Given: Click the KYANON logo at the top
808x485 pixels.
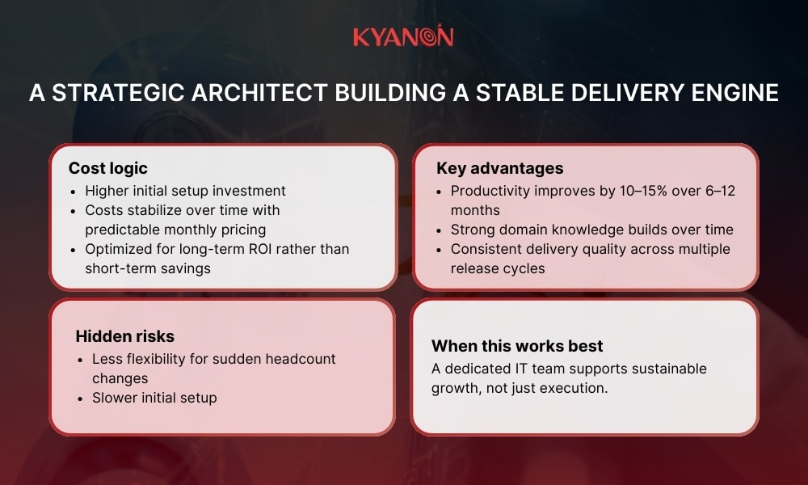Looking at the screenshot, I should point(403,37).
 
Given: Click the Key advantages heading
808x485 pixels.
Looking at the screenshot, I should point(499,168).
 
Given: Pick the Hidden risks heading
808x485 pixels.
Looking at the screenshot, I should point(124,335).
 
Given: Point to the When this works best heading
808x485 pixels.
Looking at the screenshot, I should point(517,346).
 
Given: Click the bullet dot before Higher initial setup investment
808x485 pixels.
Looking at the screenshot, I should point(74,192).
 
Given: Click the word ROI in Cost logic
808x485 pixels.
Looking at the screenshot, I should point(258,249).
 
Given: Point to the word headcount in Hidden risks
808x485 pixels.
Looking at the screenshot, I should point(301,358).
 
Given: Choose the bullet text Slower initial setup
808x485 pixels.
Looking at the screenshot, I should point(154,397).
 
